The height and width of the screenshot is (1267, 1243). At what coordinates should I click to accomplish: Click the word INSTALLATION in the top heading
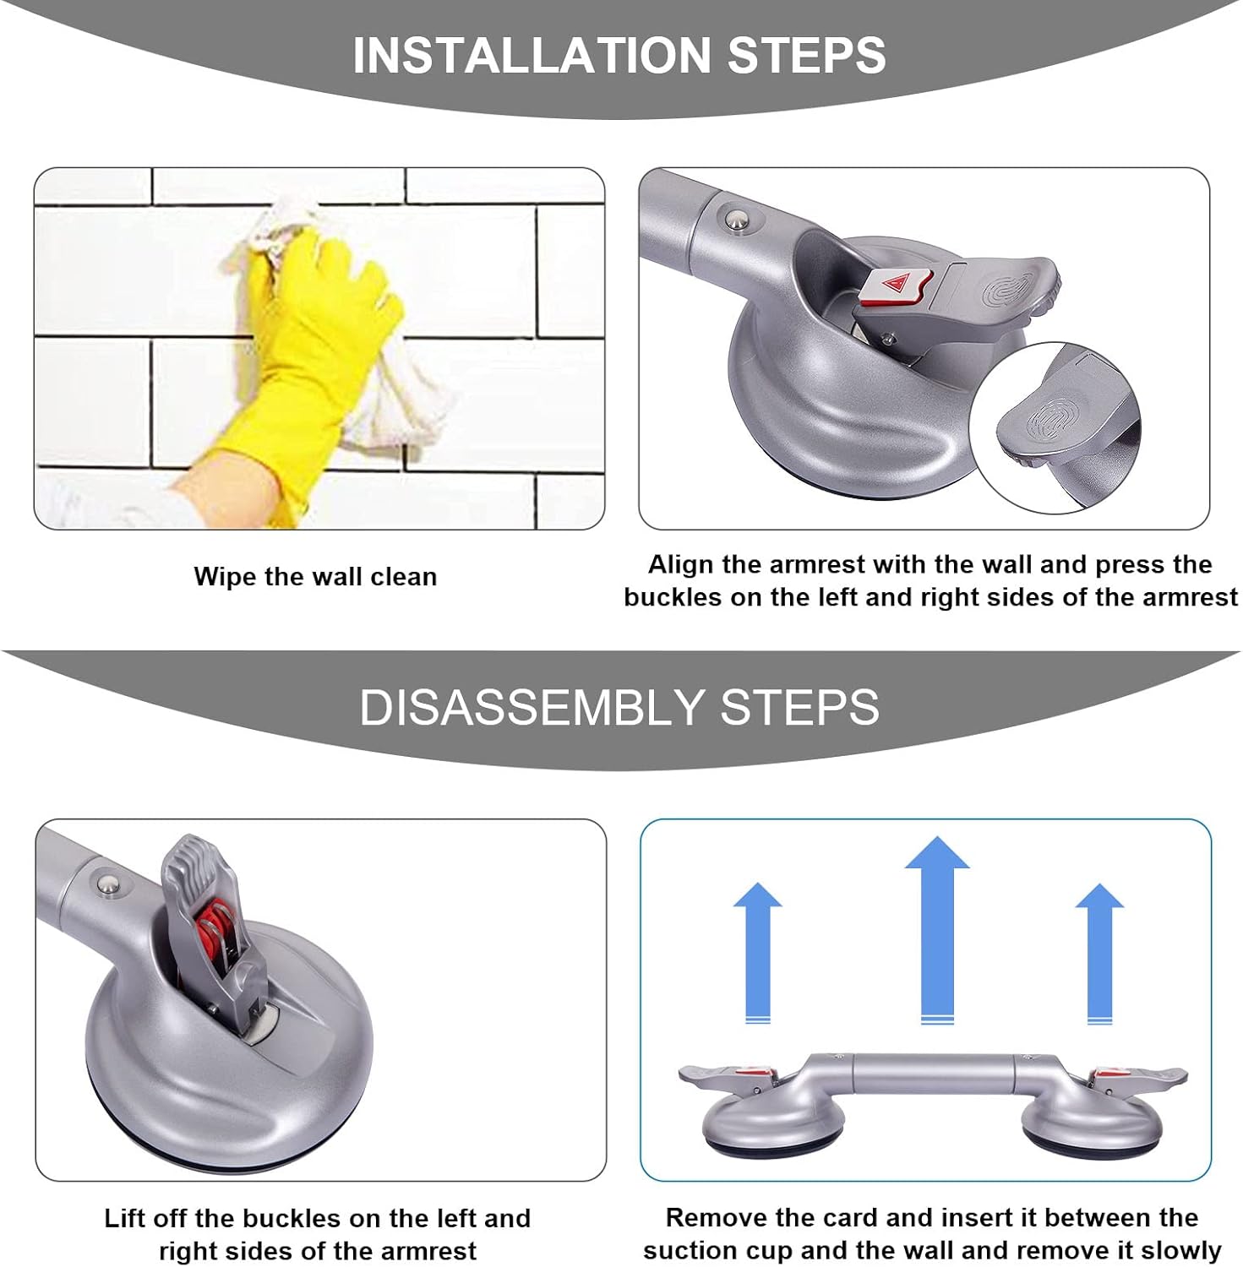coord(532,55)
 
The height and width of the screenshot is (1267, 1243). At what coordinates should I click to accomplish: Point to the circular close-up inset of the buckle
coord(1056,427)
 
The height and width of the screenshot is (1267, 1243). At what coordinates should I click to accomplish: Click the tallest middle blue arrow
coord(936,929)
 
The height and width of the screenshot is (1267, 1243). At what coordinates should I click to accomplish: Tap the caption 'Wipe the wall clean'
coord(315,577)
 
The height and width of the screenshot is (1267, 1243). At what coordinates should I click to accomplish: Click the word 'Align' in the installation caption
coord(680,564)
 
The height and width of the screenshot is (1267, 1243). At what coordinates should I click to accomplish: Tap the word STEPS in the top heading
coord(806,55)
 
